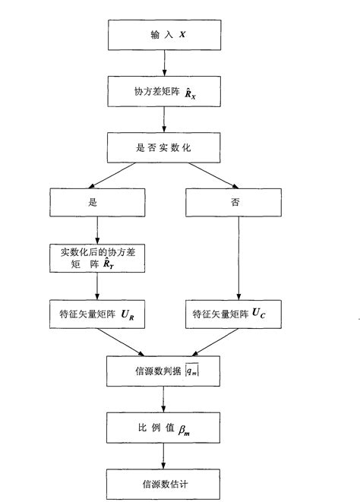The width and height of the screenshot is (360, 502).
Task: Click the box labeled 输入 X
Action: [163, 34]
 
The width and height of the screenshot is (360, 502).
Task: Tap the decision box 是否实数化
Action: [163, 148]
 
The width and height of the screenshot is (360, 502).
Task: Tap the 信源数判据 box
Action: [163, 369]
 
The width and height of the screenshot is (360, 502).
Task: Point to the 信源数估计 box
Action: [163, 483]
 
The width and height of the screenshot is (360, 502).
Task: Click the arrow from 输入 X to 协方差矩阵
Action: [163, 63]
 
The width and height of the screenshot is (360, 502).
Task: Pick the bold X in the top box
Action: [182, 35]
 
